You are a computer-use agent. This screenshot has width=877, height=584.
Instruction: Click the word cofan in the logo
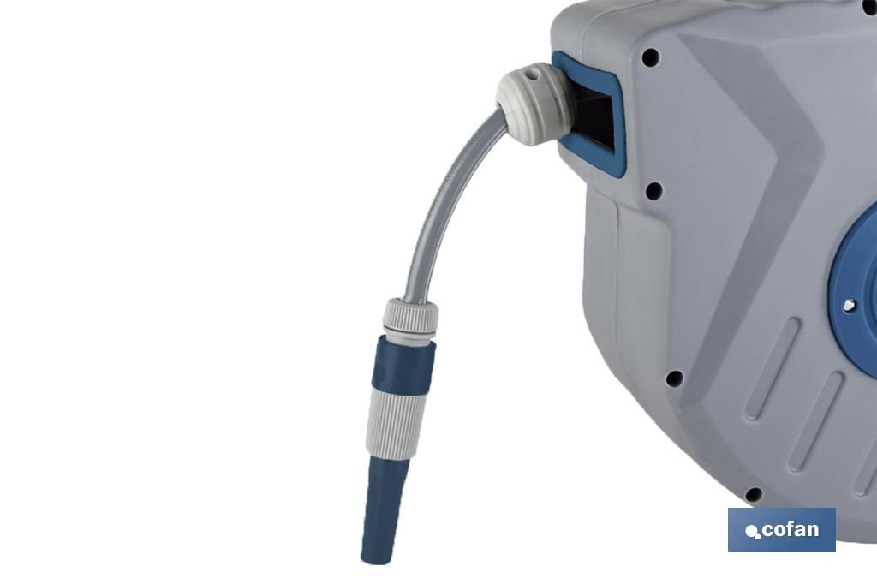(790, 529)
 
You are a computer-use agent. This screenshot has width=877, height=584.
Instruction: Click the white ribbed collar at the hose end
(410, 319)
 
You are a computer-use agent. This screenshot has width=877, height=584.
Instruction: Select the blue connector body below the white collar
(403, 366)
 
